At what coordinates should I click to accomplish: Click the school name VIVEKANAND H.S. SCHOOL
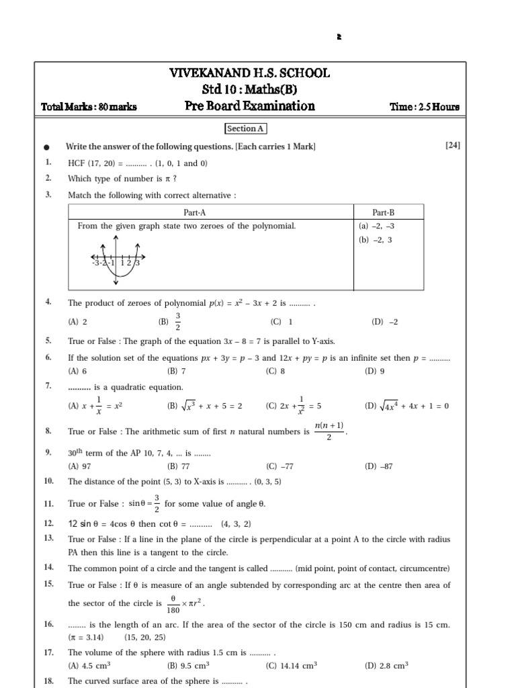pyautogui.click(x=250, y=73)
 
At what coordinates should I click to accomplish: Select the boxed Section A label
pyautogui.click(x=245, y=128)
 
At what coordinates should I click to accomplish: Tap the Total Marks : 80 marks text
pyautogui.click(x=89, y=107)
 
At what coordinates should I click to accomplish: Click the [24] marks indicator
pyautogui.click(x=453, y=146)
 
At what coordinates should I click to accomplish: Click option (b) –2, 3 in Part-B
pyautogui.click(x=376, y=240)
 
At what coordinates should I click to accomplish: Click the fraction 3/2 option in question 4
pyautogui.click(x=177, y=322)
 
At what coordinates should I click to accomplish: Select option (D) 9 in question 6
pyautogui.click(x=374, y=371)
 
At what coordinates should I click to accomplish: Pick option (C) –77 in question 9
pyautogui.click(x=280, y=466)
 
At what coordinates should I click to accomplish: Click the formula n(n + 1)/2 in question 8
pyautogui.click(x=329, y=431)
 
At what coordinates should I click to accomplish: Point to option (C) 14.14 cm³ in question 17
pyautogui.click(x=291, y=666)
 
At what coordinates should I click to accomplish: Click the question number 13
pyautogui.click(x=48, y=539)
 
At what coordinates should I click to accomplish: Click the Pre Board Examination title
pyautogui.click(x=249, y=106)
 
